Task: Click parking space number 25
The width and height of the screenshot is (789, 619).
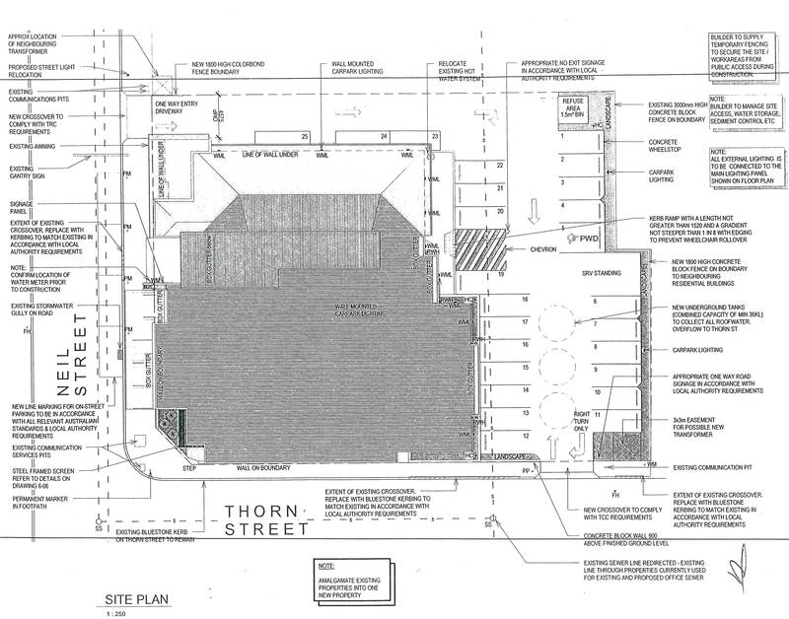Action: tap(306, 135)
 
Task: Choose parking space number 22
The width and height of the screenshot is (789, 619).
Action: tap(500, 165)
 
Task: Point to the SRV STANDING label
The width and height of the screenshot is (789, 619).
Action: tap(599, 271)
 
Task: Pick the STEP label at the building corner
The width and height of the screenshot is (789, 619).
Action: tap(189, 471)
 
